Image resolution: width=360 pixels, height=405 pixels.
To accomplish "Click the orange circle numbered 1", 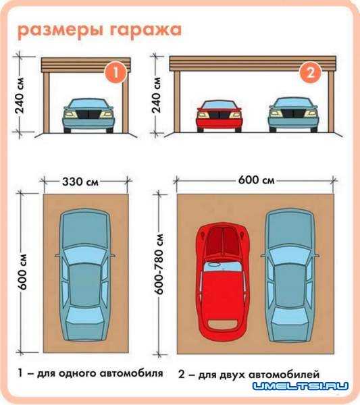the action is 115,73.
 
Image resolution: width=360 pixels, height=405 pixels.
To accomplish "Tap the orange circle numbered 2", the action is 310,72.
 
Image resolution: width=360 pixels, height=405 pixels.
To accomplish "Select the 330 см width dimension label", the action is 80,182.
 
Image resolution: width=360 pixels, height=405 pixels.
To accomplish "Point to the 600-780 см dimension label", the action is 159,264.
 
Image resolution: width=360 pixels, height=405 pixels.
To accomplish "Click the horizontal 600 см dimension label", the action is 257,180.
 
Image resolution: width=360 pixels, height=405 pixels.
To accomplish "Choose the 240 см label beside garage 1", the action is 20,96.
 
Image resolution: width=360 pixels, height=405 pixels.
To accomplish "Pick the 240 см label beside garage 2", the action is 156,95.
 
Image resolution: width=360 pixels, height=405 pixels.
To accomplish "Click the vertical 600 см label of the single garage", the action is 23,272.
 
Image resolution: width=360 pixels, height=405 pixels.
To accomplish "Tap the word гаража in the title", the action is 146,30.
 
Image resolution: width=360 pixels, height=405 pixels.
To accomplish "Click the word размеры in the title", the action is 61,31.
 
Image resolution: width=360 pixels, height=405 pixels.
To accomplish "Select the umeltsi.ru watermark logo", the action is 301,386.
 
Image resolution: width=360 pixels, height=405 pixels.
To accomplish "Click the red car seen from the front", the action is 219,116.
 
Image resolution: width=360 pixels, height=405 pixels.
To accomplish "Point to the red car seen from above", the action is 223,282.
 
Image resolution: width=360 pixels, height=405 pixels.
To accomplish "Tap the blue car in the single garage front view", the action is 88,115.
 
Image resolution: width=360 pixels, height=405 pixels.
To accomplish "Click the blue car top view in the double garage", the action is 290,275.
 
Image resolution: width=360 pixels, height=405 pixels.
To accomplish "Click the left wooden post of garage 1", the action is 47,103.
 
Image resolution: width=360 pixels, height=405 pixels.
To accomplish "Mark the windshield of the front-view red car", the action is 219,105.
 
